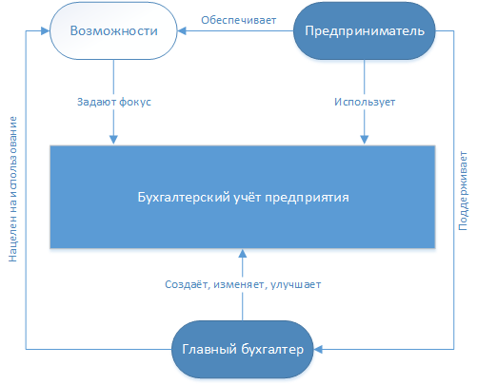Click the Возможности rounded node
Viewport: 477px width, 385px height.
coord(113,30)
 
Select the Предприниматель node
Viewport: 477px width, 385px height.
coord(365,30)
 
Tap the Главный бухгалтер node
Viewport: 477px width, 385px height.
coord(243,349)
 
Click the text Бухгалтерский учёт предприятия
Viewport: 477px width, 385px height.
coord(243,197)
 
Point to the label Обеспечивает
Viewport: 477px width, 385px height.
coord(239,20)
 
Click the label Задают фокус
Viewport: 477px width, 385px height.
coord(114,102)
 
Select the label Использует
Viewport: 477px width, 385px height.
coord(365,102)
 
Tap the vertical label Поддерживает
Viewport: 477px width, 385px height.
coord(463,191)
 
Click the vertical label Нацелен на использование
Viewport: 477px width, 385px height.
coord(12,189)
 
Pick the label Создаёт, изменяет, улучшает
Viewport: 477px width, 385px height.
coord(243,284)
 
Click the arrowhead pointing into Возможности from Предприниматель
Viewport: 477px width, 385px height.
coord(182,30)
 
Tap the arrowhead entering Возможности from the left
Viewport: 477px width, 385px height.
coord(45,30)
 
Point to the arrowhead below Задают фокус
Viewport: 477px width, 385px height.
coord(113,140)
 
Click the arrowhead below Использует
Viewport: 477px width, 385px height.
coord(365,140)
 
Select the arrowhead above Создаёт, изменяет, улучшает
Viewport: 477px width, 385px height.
coord(243,253)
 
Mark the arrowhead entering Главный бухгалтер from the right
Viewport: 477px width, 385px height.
coord(318,349)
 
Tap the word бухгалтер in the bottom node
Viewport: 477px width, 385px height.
coord(272,350)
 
